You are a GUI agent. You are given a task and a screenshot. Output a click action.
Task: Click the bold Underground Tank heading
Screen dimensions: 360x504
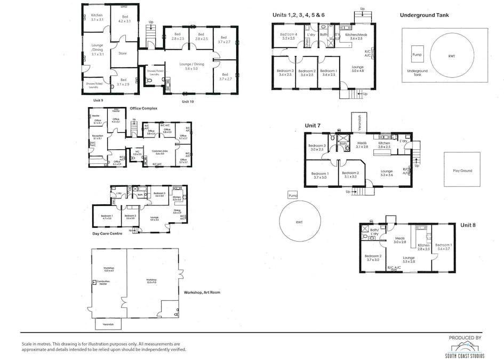[424, 15]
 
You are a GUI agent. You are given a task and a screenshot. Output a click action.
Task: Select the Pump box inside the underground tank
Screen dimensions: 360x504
[417, 54]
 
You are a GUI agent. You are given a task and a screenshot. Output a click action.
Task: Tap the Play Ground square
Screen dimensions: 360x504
[462, 170]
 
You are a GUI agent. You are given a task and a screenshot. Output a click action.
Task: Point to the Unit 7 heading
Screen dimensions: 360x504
[313, 125]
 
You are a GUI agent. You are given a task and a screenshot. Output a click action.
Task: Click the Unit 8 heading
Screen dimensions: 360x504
[468, 225]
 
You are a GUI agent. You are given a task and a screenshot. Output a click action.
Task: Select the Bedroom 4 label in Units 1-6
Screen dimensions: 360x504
[288, 36]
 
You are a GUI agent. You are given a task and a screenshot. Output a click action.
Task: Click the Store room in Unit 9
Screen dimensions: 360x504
[122, 53]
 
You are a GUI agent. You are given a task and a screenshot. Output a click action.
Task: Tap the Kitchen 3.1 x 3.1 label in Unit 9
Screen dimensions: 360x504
[97, 18]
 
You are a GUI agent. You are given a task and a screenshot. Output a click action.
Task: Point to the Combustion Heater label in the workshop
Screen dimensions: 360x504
[103, 283]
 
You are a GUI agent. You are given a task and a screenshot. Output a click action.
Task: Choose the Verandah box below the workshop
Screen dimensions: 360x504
[108, 324]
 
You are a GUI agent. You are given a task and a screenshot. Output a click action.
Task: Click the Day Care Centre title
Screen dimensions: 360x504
[108, 234]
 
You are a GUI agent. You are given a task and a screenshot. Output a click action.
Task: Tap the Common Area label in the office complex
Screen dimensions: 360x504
[160, 152]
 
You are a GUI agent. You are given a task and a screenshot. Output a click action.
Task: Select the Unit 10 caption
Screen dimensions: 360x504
[187, 101]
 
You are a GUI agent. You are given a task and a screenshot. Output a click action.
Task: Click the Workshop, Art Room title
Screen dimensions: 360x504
[202, 292]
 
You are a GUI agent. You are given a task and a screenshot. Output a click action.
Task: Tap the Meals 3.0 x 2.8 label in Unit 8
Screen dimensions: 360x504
[400, 241]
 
